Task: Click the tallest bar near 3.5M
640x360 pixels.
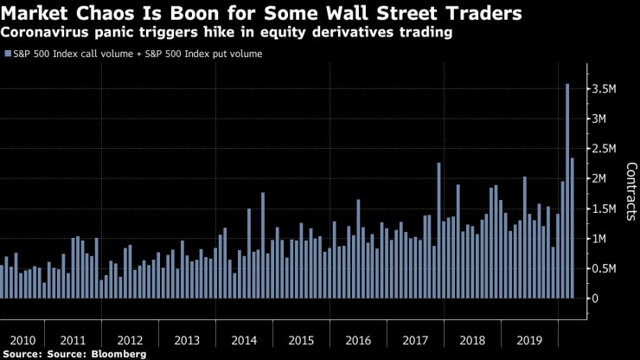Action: click(566, 190)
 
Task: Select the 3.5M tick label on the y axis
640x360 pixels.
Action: click(605, 88)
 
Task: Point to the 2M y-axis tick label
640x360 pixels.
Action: click(601, 178)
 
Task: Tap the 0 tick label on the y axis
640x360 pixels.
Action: click(592, 298)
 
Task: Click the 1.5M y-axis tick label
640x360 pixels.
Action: click(605, 208)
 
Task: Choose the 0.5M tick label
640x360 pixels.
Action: click(605, 267)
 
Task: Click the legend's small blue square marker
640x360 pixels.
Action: click(8, 54)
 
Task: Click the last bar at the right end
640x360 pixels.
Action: click(572, 228)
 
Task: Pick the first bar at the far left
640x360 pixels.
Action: click(2, 281)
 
